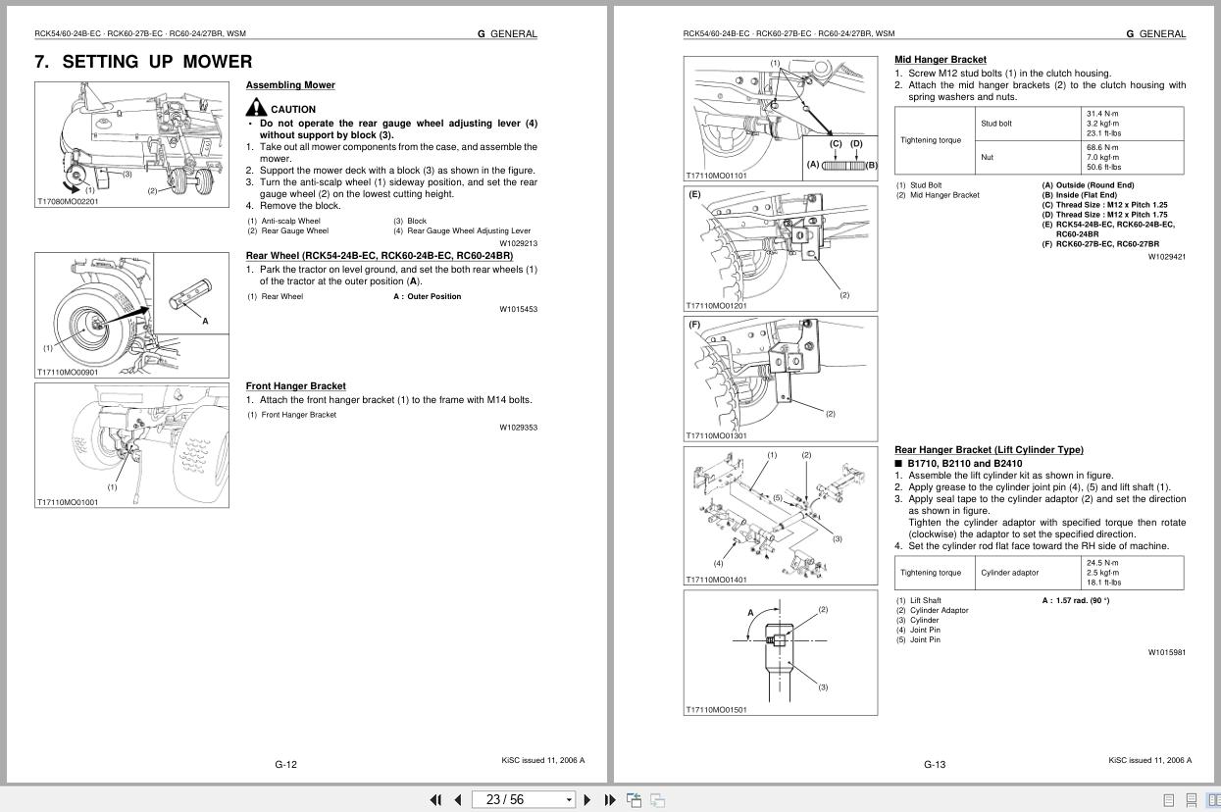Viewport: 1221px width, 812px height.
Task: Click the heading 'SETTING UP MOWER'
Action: pyautogui.click(x=157, y=62)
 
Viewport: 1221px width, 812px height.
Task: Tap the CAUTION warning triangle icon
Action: pyautogui.click(x=256, y=108)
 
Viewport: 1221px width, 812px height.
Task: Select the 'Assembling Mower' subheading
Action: pyautogui.click(x=290, y=85)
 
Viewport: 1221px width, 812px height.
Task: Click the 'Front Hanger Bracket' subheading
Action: pyautogui.click(x=295, y=386)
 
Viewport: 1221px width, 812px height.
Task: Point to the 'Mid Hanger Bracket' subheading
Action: pyautogui.click(x=941, y=60)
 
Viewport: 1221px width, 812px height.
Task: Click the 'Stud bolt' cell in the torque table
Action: pyautogui.click(x=996, y=124)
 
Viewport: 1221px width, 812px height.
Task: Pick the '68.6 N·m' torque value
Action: pyautogui.click(x=1102, y=147)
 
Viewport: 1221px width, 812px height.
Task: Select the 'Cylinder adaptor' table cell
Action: pyautogui.click(x=1009, y=573)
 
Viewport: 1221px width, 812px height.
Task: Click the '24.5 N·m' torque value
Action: pyautogui.click(x=1102, y=563)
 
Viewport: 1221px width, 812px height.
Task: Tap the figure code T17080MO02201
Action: pyautogui.click(x=68, y=201)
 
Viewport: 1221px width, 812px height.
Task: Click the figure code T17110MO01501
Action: pyautogui.click(x=716, y=710)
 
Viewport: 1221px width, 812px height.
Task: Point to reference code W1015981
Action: pyautogui.click(x=1166, y=652)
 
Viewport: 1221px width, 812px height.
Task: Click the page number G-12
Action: pyautogui.click(x=285, y=764)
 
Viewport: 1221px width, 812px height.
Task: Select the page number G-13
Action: pyautogui.click(x=935, y=764)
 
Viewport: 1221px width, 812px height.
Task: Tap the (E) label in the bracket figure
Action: pyautogui.click(x=695, y=194)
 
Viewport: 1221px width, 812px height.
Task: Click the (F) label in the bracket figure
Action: pyautogui.click(x=695, y=325)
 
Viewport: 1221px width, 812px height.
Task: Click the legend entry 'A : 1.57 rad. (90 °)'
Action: pyautogui.click(x=1076, y=600)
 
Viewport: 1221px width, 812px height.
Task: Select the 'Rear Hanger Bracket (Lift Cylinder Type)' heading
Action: pyautogui.click(x=989, y=450)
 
